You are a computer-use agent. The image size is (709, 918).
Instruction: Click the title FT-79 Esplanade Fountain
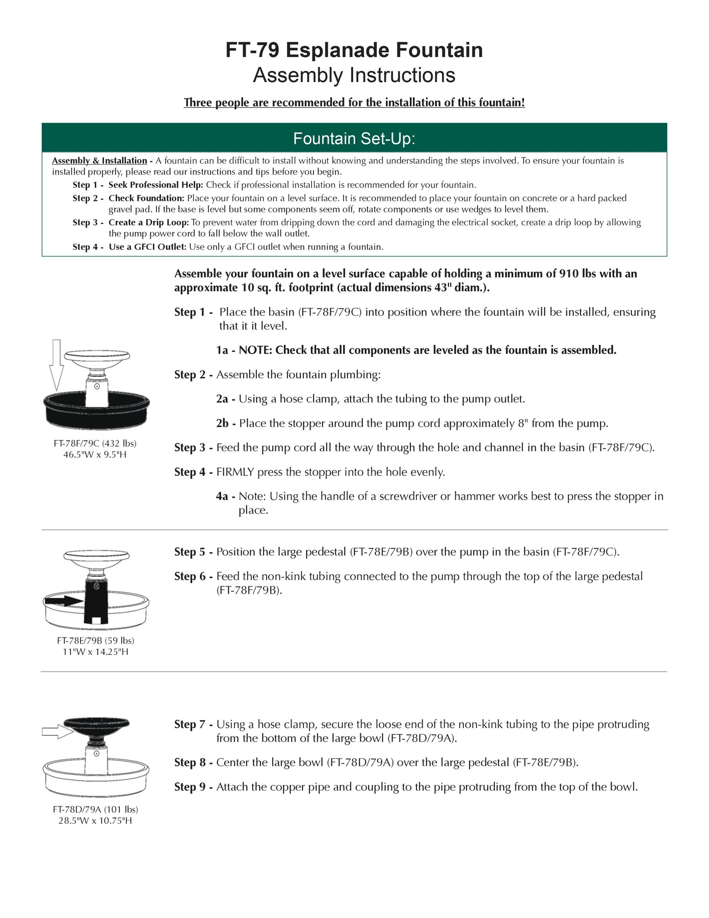(354, 50)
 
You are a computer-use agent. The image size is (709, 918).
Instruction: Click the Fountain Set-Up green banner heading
(354, 138)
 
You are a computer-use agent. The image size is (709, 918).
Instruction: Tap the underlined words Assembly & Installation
(99, 161)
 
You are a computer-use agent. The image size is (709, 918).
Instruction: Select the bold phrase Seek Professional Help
(155, 185)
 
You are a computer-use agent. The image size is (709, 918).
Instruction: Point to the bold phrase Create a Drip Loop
(148, 222)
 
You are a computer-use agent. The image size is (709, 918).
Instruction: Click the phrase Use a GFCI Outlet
(147, 247)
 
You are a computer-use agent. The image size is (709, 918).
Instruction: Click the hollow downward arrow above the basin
(57, 364)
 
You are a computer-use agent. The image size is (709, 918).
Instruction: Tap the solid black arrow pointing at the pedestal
(64, 601)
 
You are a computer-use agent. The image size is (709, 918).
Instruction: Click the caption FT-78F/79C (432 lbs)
(95, 443)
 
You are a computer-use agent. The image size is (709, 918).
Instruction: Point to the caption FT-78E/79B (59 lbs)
(95, 641)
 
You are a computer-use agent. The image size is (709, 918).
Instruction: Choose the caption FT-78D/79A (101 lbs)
(95, 809)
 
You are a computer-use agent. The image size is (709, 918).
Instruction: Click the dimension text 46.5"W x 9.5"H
(95, 454)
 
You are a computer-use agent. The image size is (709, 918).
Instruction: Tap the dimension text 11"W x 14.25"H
(95, 652)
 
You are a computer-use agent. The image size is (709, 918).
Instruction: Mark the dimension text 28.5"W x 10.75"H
(95, 821)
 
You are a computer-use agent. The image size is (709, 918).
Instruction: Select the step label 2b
(222, 423)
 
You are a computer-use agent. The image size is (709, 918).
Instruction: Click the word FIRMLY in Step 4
(235, 472)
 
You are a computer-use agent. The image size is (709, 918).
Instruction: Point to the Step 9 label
(190, 787)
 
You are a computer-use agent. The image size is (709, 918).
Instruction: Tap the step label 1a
(222, 350)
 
